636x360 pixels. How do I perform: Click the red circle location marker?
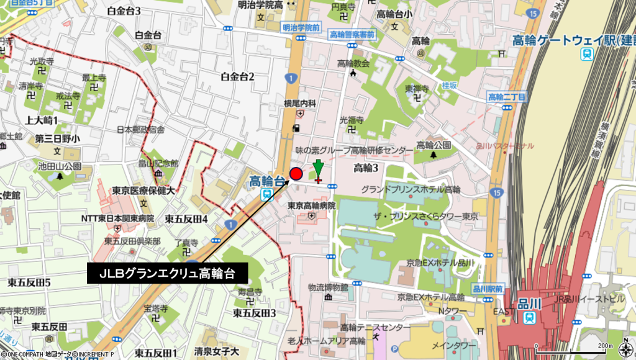click(296, 174)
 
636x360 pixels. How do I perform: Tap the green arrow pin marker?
click(318, 169)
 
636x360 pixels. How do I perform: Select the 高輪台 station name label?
click(269, 181)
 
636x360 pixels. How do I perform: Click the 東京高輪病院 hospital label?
click(312, 205)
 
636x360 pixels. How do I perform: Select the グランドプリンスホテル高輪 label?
click(411, 189)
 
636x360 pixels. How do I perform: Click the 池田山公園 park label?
click(60, 166)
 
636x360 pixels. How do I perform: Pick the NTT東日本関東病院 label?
click(117, 218)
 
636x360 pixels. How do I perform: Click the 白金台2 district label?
click(238, 76)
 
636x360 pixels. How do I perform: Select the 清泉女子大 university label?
click(217, 352)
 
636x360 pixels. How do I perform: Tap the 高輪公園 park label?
click(433, 145)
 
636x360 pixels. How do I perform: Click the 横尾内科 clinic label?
click(301, 103)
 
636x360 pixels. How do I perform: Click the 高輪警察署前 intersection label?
click(352, 35)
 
